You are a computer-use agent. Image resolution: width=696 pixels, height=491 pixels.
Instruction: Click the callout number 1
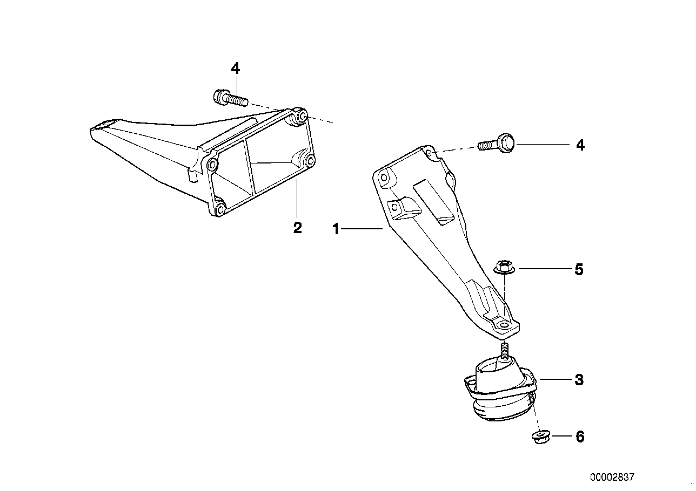(336, 230)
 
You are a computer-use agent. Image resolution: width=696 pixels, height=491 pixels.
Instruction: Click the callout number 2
(297, 228)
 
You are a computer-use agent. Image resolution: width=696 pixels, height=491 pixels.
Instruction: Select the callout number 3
(579, 380)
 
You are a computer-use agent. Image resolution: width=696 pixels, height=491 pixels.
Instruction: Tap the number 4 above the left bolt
(235, 69)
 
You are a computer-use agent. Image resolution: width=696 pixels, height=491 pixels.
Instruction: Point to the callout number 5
(579, 269)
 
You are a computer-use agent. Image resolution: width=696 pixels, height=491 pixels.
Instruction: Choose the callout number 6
(580, 437)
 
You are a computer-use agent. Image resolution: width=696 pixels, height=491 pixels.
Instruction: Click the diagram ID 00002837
(613, 478)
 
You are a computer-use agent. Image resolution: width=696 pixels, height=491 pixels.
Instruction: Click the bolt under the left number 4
(230, 99)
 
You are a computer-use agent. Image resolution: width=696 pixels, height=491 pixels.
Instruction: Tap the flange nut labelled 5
(504, 267)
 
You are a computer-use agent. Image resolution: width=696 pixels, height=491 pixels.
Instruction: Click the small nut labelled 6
(539, 437)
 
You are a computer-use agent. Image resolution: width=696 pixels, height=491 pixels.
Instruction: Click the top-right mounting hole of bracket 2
(303, 116)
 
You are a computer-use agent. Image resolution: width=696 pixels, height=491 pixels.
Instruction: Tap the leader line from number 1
(362, 230)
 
